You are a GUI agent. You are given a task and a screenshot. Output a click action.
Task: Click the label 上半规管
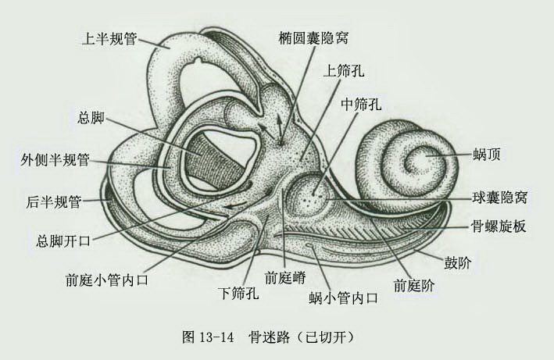109,38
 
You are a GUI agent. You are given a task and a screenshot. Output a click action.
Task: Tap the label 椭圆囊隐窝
313,37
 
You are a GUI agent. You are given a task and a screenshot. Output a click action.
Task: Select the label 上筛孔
344,71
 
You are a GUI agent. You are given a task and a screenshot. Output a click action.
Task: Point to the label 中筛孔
361,104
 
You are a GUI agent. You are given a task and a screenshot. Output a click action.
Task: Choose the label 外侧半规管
55,160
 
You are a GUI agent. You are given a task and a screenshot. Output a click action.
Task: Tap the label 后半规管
54,202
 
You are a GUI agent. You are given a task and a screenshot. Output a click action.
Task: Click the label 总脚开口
63,241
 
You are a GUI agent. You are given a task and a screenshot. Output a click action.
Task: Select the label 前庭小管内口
107,280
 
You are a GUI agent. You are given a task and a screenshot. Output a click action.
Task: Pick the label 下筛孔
238,293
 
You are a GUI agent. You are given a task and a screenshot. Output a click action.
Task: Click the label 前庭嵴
284,278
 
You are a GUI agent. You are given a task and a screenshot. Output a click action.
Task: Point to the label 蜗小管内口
344,298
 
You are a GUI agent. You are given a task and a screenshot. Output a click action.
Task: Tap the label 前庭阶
414,285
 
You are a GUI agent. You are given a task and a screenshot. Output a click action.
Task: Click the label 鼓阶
458,262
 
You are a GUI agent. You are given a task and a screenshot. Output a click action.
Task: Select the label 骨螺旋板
499,226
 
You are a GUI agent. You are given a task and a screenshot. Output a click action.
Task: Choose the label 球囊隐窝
499,197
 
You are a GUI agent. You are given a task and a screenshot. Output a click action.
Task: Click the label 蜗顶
487,155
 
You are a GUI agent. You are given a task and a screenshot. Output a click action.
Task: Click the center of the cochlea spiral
419,158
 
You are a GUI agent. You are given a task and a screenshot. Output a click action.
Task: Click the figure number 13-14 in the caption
216,337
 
